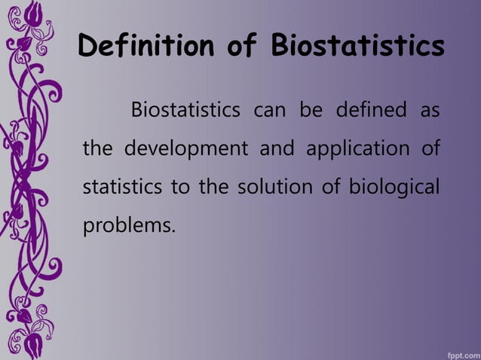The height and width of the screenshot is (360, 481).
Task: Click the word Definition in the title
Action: tap(142, 46)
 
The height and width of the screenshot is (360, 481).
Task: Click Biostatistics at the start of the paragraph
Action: tap(187, 112)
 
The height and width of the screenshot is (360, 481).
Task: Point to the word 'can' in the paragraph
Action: tap(270, 112)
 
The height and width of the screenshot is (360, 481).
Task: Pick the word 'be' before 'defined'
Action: tap(311, 112)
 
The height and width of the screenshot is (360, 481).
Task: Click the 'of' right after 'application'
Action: tap(430, 147)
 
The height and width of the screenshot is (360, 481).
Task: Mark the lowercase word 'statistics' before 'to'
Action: tap(121, 185)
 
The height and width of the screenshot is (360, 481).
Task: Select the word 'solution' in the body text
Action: tap(270, 185)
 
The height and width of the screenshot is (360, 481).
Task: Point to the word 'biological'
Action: tap(393, 186)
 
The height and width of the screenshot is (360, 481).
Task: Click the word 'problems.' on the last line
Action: tap(127, 224)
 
